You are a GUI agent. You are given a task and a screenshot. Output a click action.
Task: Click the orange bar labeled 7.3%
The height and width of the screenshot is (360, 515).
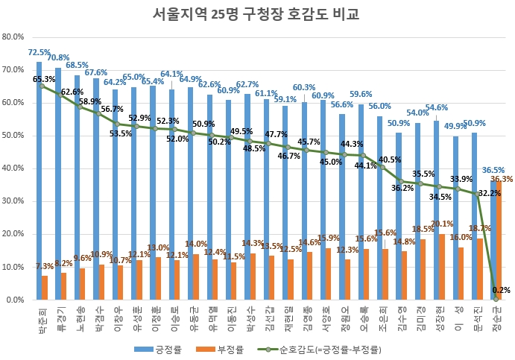45,288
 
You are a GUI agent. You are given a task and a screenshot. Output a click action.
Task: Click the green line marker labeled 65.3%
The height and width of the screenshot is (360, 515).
42,86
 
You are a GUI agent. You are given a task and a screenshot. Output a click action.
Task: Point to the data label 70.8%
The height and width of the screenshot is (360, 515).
58,58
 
